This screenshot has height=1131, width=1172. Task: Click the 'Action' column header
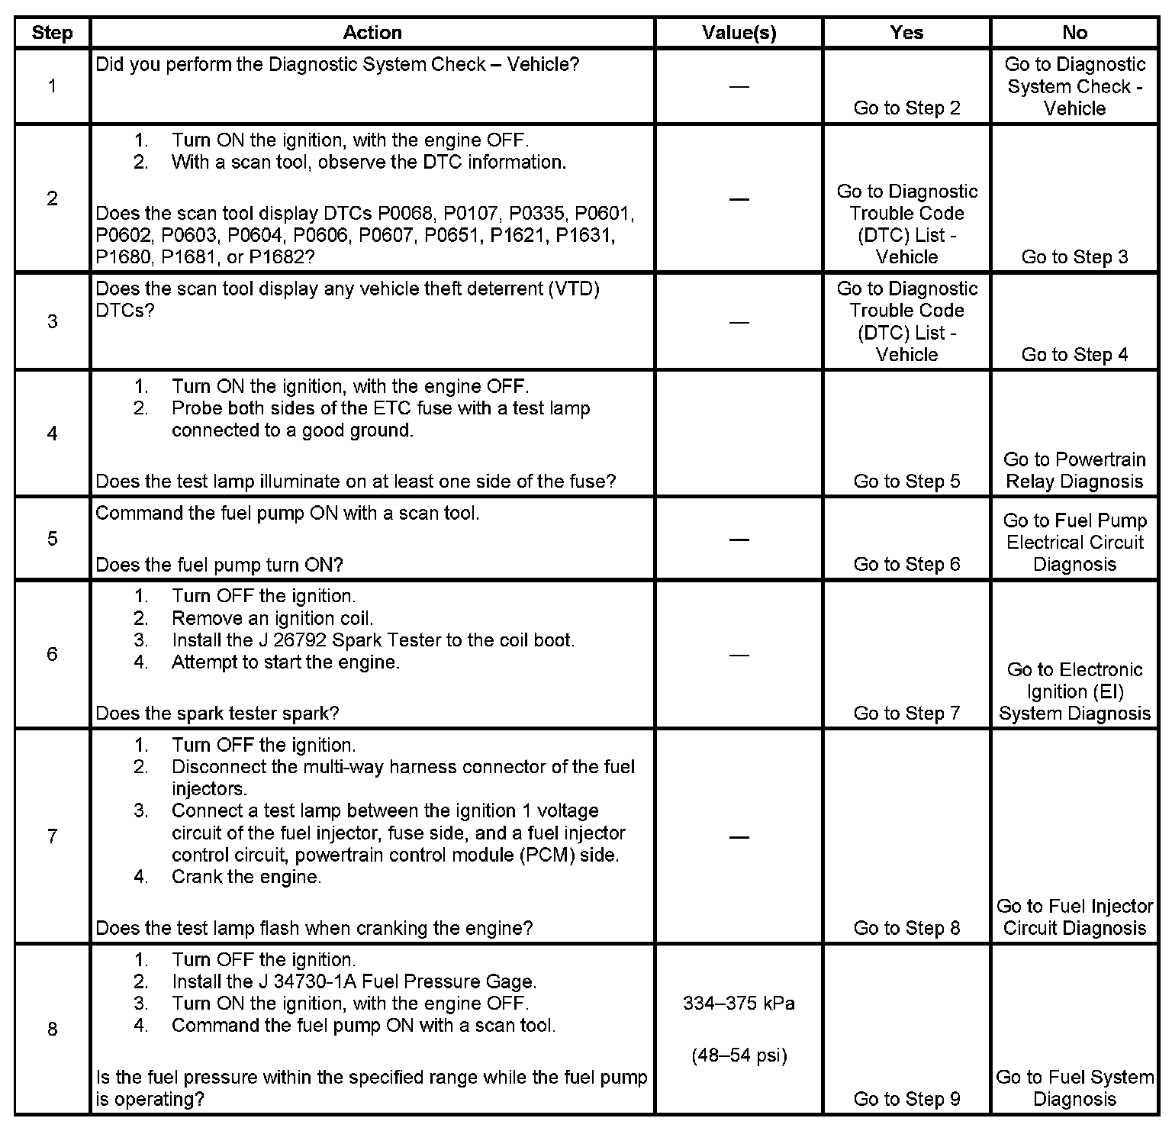pyautogui.click(x=372, y=33)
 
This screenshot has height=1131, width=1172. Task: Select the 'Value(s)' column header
pyautogui.click(x=739, y=33)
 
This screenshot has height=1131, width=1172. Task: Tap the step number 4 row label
pyautogui.click(x=52, y=433)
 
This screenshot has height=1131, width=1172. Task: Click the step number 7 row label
pyautogui.click(x=52, y=836)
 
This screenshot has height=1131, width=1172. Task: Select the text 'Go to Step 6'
pyautogui.click(x=906, y=564)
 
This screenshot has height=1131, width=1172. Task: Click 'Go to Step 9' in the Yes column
pyautogui.click(x=906, y=1099)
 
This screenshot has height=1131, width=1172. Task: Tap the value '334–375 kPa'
pyautogui.click(x=739, y=1003)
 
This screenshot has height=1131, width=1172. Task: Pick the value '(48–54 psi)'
pyautogui.click(x=739, y=1055)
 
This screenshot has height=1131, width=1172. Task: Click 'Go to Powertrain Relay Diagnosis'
pyautogui.click(x=1074, y=470)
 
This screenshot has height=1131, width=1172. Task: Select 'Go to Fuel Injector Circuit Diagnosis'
pyautogui.click(x=1074, y=917)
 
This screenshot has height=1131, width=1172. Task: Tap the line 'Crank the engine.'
pyautogui.click(x=246, y=877)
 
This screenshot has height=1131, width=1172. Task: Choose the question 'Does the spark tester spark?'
pyautogui.click(x=217, y=714)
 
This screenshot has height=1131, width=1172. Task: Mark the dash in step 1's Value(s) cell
pyautogui.click(x=739, y=86)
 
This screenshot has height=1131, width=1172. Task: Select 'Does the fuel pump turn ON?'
pyautogui.click(x=220, y=565)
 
